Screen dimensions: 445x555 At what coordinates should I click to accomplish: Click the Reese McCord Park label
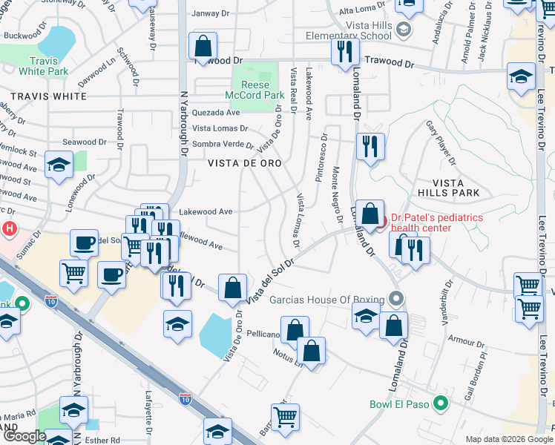tap(254, 90)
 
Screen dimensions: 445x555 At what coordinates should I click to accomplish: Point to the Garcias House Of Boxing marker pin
tap(396, 300)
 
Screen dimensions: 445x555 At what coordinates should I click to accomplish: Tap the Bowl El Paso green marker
tap(441, 405)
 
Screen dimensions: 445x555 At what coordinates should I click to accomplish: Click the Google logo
tap(24, 436)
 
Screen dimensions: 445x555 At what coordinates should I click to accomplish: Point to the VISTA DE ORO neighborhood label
tap(244, 163)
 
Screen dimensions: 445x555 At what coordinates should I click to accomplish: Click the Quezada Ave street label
tap(216, 113)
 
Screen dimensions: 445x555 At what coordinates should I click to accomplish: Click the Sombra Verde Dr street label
tap(223, 145)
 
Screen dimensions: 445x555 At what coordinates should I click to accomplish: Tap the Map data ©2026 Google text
tap(508, 438)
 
